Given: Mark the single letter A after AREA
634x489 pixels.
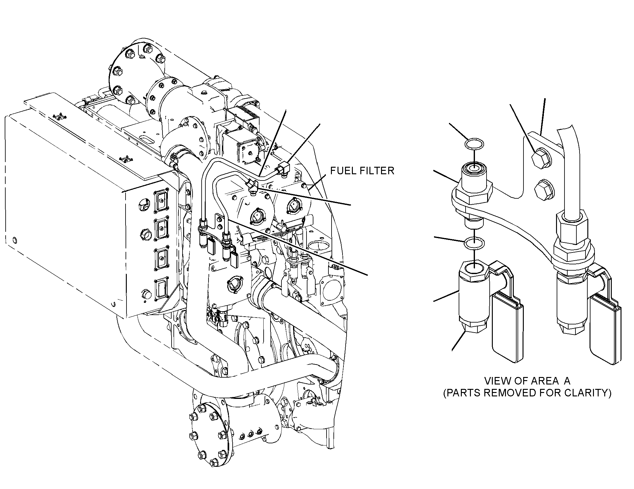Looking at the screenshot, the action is click(566, 381).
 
